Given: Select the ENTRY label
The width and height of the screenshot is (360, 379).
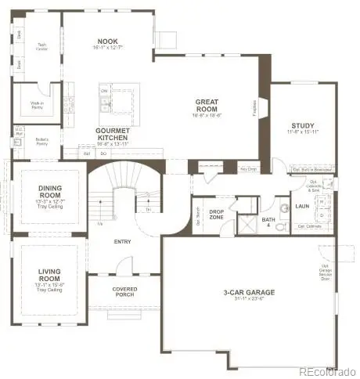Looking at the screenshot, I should pos(122,242).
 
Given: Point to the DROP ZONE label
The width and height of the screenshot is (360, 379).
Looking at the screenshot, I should pos(217,213).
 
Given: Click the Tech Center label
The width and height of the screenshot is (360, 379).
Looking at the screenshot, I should pos(41,46).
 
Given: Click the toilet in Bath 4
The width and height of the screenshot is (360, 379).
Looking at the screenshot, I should pos(284,209).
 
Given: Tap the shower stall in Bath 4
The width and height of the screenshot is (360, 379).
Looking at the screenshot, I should pos(247,226).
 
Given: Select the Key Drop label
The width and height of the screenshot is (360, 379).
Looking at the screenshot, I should pos(248,169).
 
